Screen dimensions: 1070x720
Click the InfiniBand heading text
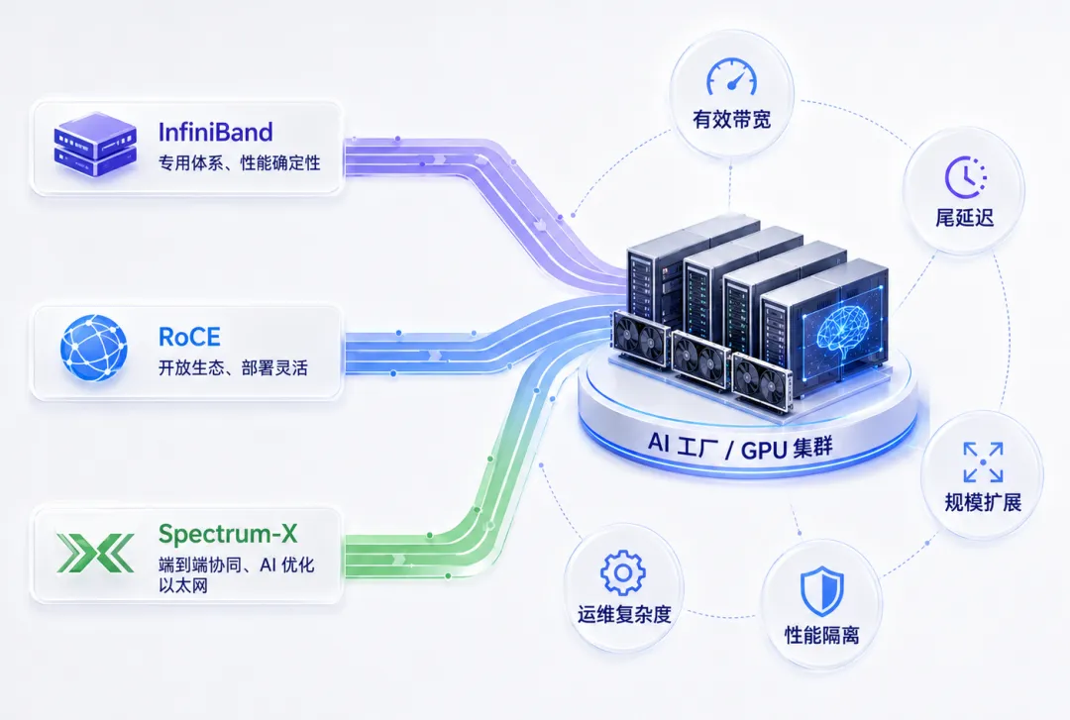coord(216,132)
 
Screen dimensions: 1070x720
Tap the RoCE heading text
coord(189,337)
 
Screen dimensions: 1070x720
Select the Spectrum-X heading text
coord(228,533)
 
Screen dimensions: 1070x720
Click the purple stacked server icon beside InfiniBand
coord(95,149)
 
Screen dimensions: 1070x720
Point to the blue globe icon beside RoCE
coord(93,348)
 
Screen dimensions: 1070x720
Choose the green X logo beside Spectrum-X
coord(95,553)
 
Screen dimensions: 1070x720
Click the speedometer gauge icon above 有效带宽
coord(731,76)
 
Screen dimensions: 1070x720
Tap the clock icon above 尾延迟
coord(965,176)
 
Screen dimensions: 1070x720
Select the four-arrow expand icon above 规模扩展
coord(983,463)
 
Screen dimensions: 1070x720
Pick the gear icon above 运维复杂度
coord(623,571)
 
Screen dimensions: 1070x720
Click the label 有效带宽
coord(731,120)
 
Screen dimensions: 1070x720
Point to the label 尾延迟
coord(964,219)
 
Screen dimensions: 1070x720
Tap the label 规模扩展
coord(983,503)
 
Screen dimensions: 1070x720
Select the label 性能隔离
coord(821,636)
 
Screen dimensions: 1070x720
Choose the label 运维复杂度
coord(624,614)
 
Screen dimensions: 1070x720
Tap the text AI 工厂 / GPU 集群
coord(740,447)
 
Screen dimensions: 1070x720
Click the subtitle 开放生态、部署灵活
coord(233,368)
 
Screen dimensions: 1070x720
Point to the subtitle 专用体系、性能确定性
coord(240,163)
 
